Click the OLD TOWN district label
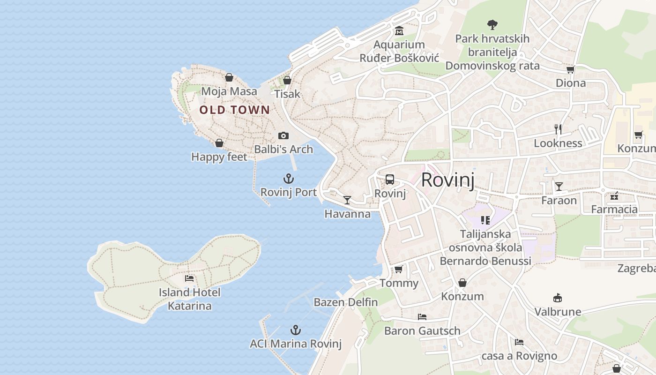click(x=234, y=110)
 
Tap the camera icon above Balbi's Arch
click(x=283, y=135)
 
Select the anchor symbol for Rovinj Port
click(x=289, y=179)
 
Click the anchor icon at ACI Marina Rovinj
click(x=296, y=330)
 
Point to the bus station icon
click(x=390, y=179)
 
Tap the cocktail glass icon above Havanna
click(x=347, y=200)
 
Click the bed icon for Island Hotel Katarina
click(x=189, y=278)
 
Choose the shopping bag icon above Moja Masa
click(x=229, y=77)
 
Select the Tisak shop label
click(x=287, y=94)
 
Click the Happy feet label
click(x=219, y=157)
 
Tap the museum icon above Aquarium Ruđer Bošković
click(x=399, y=31)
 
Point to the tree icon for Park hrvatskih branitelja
click(x=492, y=24)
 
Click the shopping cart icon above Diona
click(x=570, y=69)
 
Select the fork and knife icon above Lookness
click(x=558, y=129)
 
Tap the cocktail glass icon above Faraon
click(x=559, y=187)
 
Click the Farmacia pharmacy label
click(x=614, y=210)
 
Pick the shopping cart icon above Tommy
click(x=399, y=269)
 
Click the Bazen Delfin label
click(x=346, y=302)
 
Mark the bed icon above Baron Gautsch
click(x=422, y=317)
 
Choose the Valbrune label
click(x=558, y=312)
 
